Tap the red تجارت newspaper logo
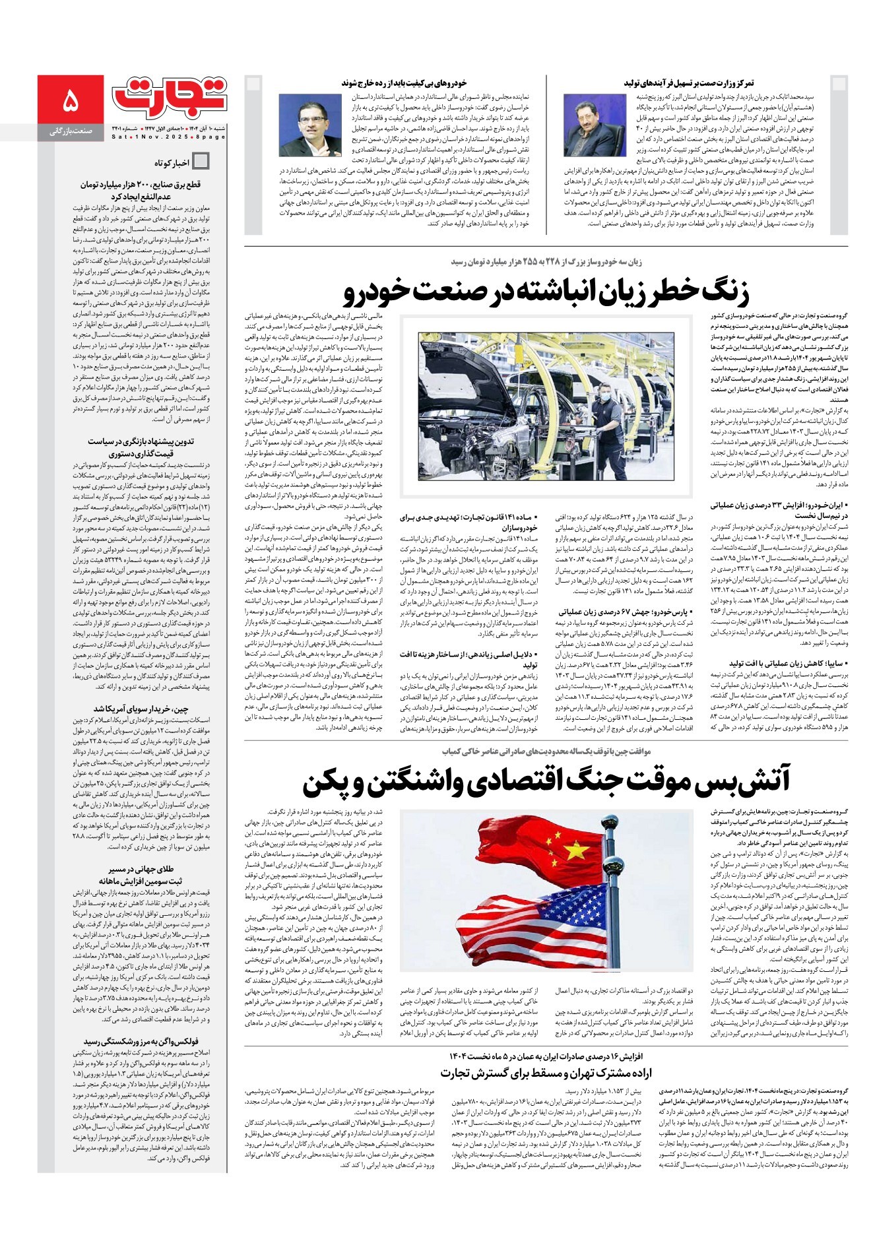(170, 96)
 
